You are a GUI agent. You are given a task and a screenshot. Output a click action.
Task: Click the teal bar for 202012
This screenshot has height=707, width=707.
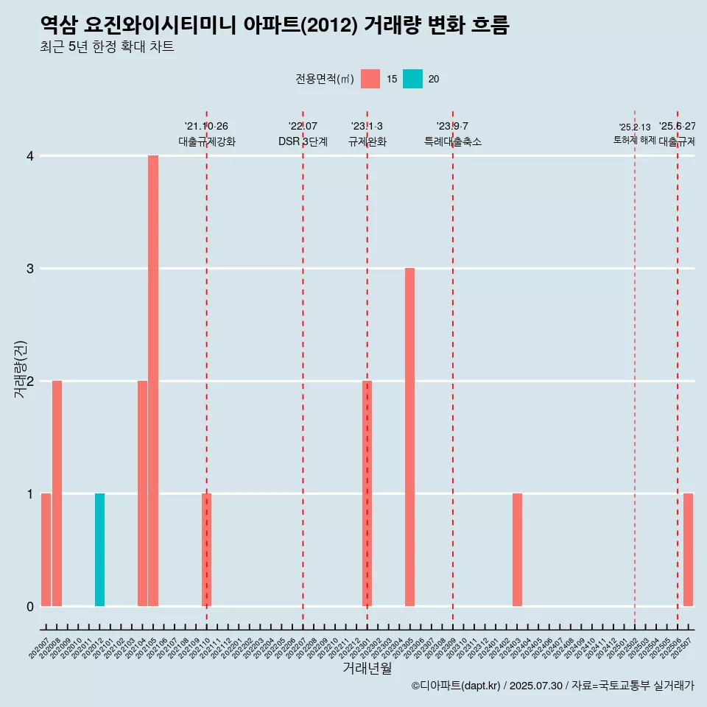(x=99, y=549)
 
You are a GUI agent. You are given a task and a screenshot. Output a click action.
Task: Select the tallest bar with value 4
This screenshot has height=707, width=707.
(x=153, y=381)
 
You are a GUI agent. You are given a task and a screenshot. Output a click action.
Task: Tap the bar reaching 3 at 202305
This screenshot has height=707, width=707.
(x=409, y=437)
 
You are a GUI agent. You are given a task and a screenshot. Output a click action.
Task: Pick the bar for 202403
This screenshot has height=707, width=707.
(x=517, y=549)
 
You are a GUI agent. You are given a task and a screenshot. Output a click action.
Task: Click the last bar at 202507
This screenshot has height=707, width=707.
(x=688, y=549)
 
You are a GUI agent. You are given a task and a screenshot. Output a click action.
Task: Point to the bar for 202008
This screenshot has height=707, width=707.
(x=57, y=493)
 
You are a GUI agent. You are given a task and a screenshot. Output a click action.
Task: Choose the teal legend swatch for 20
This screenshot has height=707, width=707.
(x=413, y=79)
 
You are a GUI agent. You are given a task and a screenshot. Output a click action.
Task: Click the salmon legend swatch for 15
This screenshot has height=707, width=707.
(x=370, y=79)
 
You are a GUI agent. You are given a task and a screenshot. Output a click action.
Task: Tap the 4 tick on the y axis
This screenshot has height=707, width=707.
(x=30, y=156)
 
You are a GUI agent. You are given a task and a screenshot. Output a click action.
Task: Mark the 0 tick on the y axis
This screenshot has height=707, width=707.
(x=30, y=606)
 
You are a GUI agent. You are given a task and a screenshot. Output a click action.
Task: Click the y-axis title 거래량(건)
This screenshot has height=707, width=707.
(x=20, y=369)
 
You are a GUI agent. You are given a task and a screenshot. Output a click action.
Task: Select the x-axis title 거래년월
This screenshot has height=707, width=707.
(x=367, y=668)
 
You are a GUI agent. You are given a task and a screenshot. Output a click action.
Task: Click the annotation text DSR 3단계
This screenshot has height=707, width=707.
(x=303, y=141)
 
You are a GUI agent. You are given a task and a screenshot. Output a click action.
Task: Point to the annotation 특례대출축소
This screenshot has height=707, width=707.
(x=453, y=141)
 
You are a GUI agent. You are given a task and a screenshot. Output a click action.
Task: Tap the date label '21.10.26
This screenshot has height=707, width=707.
(x=206, y=127)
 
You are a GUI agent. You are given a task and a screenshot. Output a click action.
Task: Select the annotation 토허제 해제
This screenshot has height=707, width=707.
(x=634, y=140)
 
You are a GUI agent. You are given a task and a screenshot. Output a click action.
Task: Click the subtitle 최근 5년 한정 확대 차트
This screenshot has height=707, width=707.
(x=107, y=47)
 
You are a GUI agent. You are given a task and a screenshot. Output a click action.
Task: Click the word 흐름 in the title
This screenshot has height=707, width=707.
(x=488, y=25)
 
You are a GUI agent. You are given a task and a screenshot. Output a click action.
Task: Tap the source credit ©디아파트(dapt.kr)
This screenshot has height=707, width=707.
(x=457, y=686)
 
